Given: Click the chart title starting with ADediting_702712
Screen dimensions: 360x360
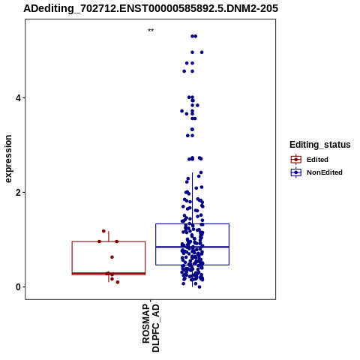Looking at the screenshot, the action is pyautogui.click(x=151, y=9).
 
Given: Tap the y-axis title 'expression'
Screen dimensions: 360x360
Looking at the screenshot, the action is pyautogui.click(x=8, y=159).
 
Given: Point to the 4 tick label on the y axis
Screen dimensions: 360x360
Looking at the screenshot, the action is pyautogui.click(x=18, y=97).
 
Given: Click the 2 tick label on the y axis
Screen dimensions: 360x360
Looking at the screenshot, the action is pyautogui.click(x=18, y=193).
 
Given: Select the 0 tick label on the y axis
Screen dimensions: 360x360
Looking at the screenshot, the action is pyautogui.click(x=18, y=287).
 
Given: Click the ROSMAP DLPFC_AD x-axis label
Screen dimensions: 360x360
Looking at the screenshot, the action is pyautogui.click(x=151, y=328).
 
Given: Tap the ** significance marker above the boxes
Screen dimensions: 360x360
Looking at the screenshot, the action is pyautogui.click(x=151, y=31).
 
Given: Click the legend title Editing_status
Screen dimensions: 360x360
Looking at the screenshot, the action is pyautogui.click(x=320, y=145).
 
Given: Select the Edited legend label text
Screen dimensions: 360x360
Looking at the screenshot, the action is pyautogui.click(x=317, y=160).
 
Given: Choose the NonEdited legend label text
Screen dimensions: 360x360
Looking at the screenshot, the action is pyautogui.click(x=325, y=172).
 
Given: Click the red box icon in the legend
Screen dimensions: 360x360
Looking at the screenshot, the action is pyautogui.click(x=296, y=160).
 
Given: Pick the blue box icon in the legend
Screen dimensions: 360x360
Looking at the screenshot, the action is pyautogui.click(x=296, y=172).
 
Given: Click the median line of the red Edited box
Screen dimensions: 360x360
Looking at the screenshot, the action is pyautogui.click(x=109, y=273).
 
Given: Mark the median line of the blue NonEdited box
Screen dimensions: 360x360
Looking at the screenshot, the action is pyautogui.click(x=192, y=247).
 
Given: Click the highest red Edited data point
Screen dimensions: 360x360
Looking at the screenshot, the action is pyautogui.click(x=103, y=231).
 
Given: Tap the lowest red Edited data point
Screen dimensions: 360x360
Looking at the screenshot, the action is pyautogui.click(x=118, y=282).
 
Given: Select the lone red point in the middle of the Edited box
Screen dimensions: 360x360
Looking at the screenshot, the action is pyautogui.click(x=112, y=257).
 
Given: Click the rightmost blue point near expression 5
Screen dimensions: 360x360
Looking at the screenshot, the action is pyautogui.click(x=202, y=52).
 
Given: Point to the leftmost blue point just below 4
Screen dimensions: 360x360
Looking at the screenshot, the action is pyautogui.click(x=181, y=111).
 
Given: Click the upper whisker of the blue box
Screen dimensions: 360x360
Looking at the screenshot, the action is pyautogui.click(x=192, y=198).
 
